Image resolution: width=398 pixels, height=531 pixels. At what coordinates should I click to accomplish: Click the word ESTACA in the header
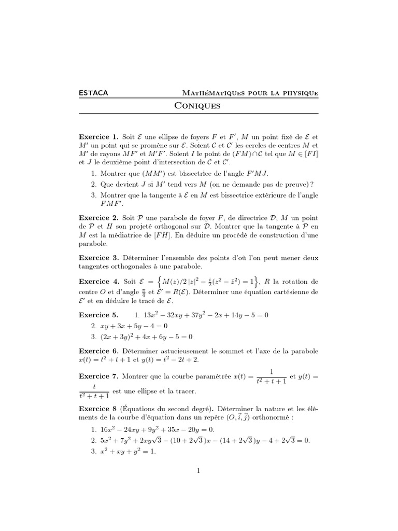(93, 93)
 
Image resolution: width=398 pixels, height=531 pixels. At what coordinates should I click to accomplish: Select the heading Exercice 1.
(98, 137)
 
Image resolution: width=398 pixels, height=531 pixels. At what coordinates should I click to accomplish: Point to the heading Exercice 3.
(98, 257)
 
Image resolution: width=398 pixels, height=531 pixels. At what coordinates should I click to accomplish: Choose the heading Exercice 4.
(98, 282)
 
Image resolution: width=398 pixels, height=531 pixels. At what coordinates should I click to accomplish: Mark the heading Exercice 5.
(98, 315)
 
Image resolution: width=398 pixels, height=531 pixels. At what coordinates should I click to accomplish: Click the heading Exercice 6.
(98, 351)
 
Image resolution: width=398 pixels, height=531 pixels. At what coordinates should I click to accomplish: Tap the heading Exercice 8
(98, 409)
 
